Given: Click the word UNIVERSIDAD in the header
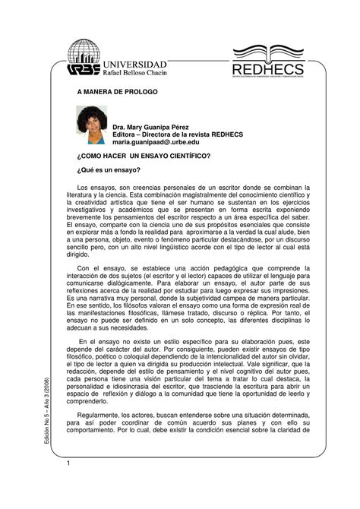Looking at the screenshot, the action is point(140,63).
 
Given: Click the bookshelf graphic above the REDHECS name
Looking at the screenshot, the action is point(272,49).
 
